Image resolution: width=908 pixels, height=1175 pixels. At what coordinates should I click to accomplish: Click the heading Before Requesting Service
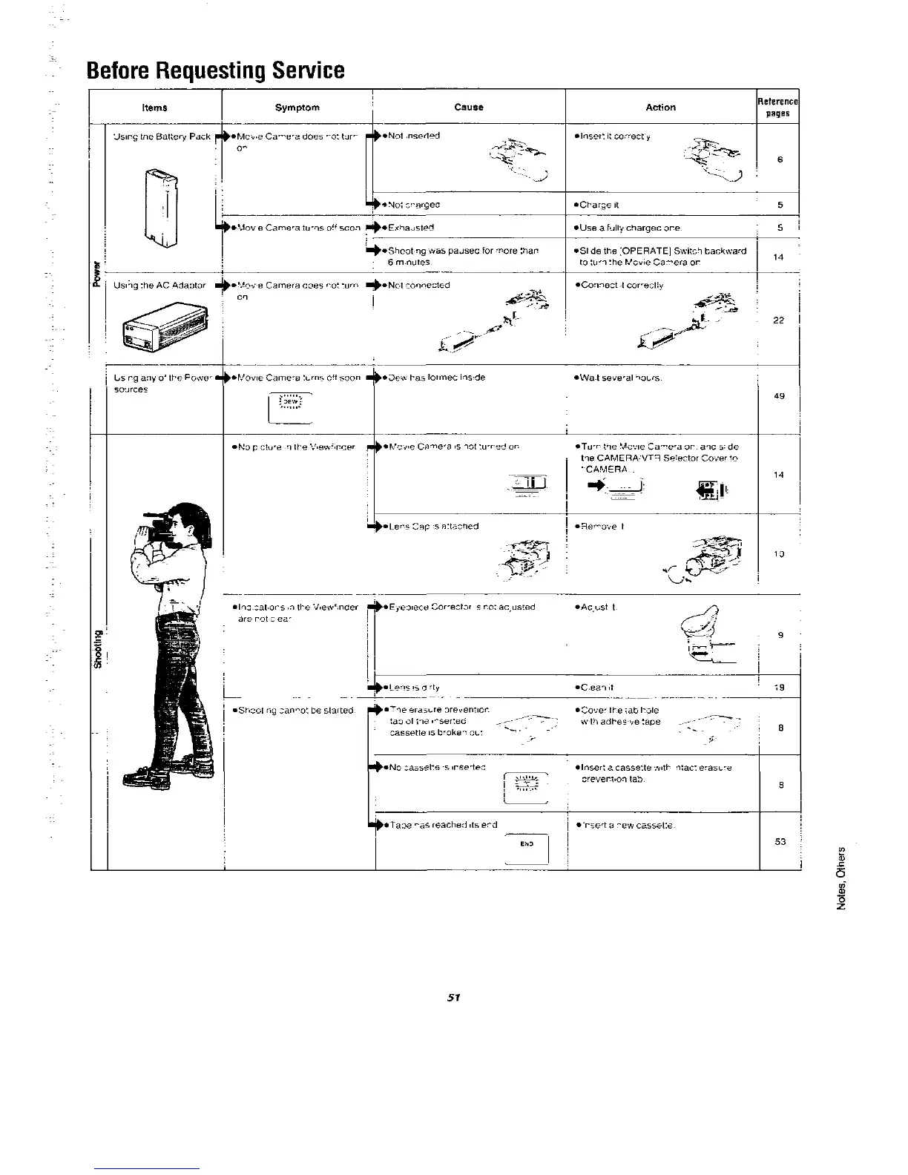215,70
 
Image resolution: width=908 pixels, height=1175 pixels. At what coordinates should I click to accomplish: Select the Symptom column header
297,108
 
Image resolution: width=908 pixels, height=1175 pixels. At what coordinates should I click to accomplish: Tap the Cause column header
469,108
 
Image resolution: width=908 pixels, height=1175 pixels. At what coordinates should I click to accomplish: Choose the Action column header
660,108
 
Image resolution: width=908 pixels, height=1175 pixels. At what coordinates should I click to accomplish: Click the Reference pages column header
777,108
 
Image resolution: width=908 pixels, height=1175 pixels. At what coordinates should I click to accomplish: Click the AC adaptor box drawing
165,326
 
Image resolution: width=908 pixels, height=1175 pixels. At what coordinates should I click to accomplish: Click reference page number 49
779,396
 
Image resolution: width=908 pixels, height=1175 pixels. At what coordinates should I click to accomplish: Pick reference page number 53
779,842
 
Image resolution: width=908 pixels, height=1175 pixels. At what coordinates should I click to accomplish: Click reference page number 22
779,320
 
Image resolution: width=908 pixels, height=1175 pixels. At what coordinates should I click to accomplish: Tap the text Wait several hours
619,378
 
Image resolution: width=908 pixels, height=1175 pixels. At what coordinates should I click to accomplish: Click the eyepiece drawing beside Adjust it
701,635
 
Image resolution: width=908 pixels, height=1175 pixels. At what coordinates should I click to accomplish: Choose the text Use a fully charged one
629,228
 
